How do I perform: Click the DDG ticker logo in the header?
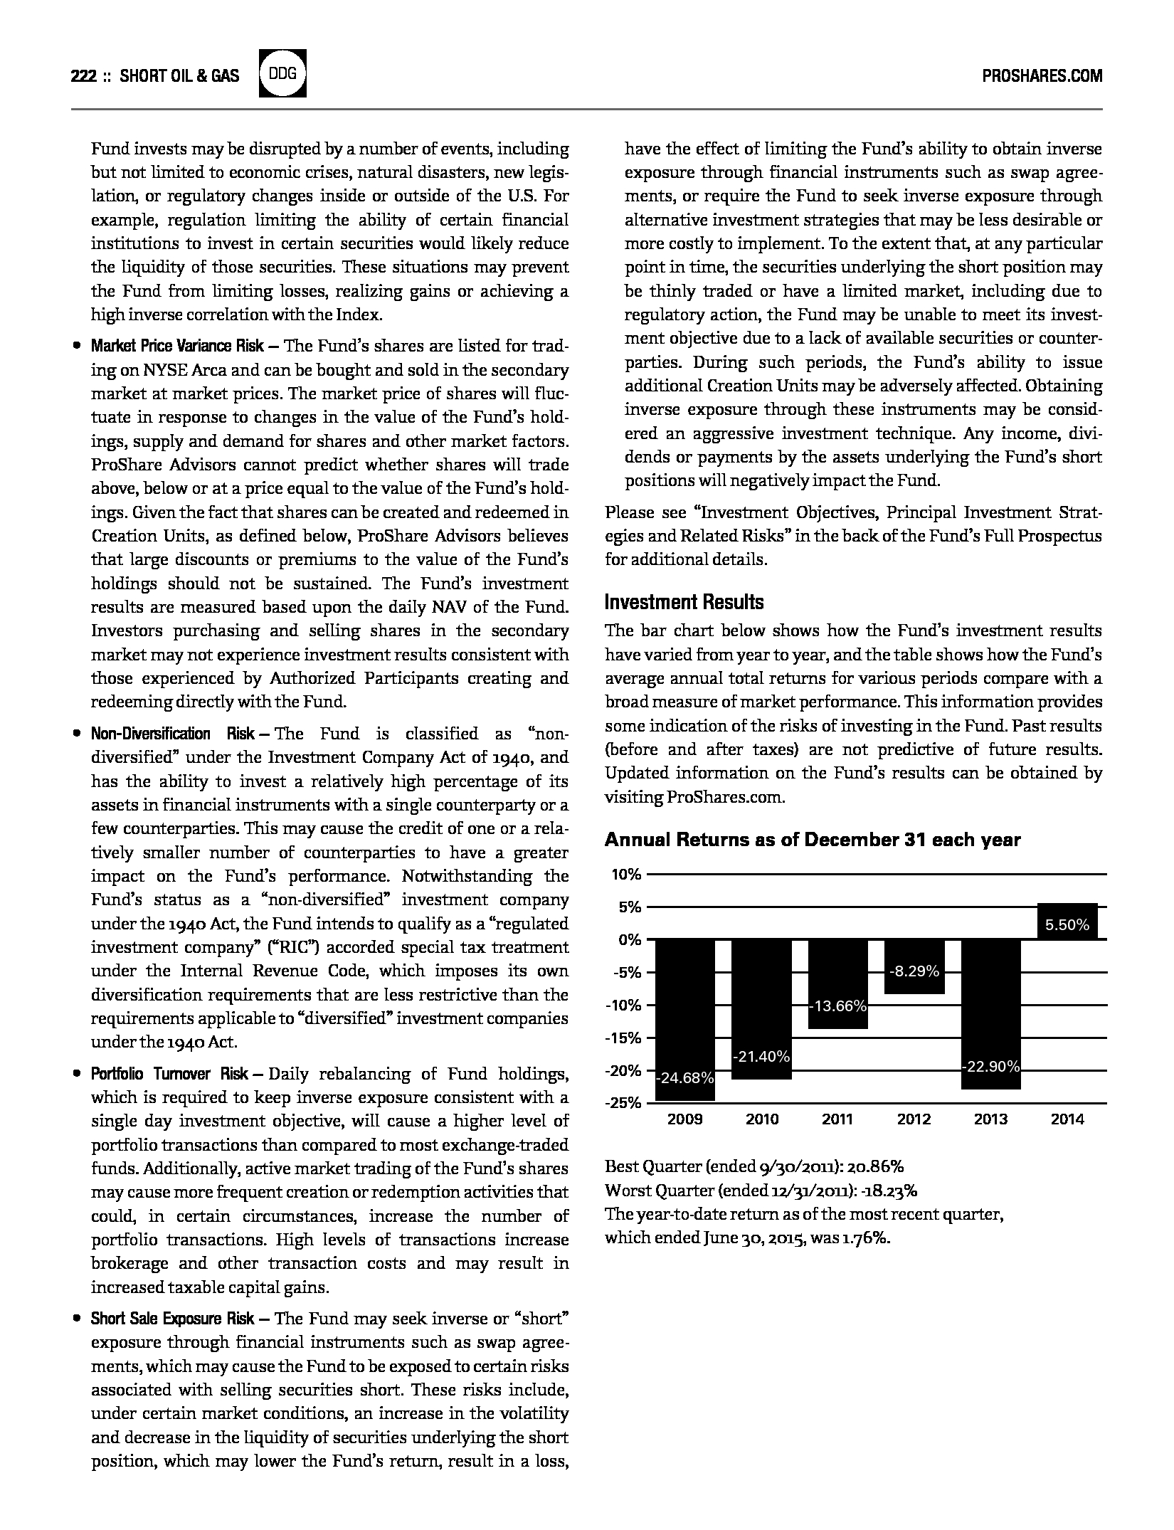[283, 74]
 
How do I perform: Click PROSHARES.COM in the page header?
[1042, 75]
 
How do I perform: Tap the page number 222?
[84, 75]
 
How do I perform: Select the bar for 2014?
[1067, 921]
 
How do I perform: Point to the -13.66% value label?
[837, 1006]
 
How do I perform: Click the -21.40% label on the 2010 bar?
[761, 1057]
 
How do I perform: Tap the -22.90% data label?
[990, 1067]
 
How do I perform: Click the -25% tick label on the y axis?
[624, 1104]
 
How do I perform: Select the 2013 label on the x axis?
[990, 1119]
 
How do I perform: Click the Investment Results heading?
[684, 602]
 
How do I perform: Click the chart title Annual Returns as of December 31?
[812, 840]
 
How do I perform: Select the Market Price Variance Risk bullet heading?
[177, 347]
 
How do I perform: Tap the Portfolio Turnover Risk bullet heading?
[169, 1074]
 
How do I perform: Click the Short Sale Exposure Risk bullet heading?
[172, 1319]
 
